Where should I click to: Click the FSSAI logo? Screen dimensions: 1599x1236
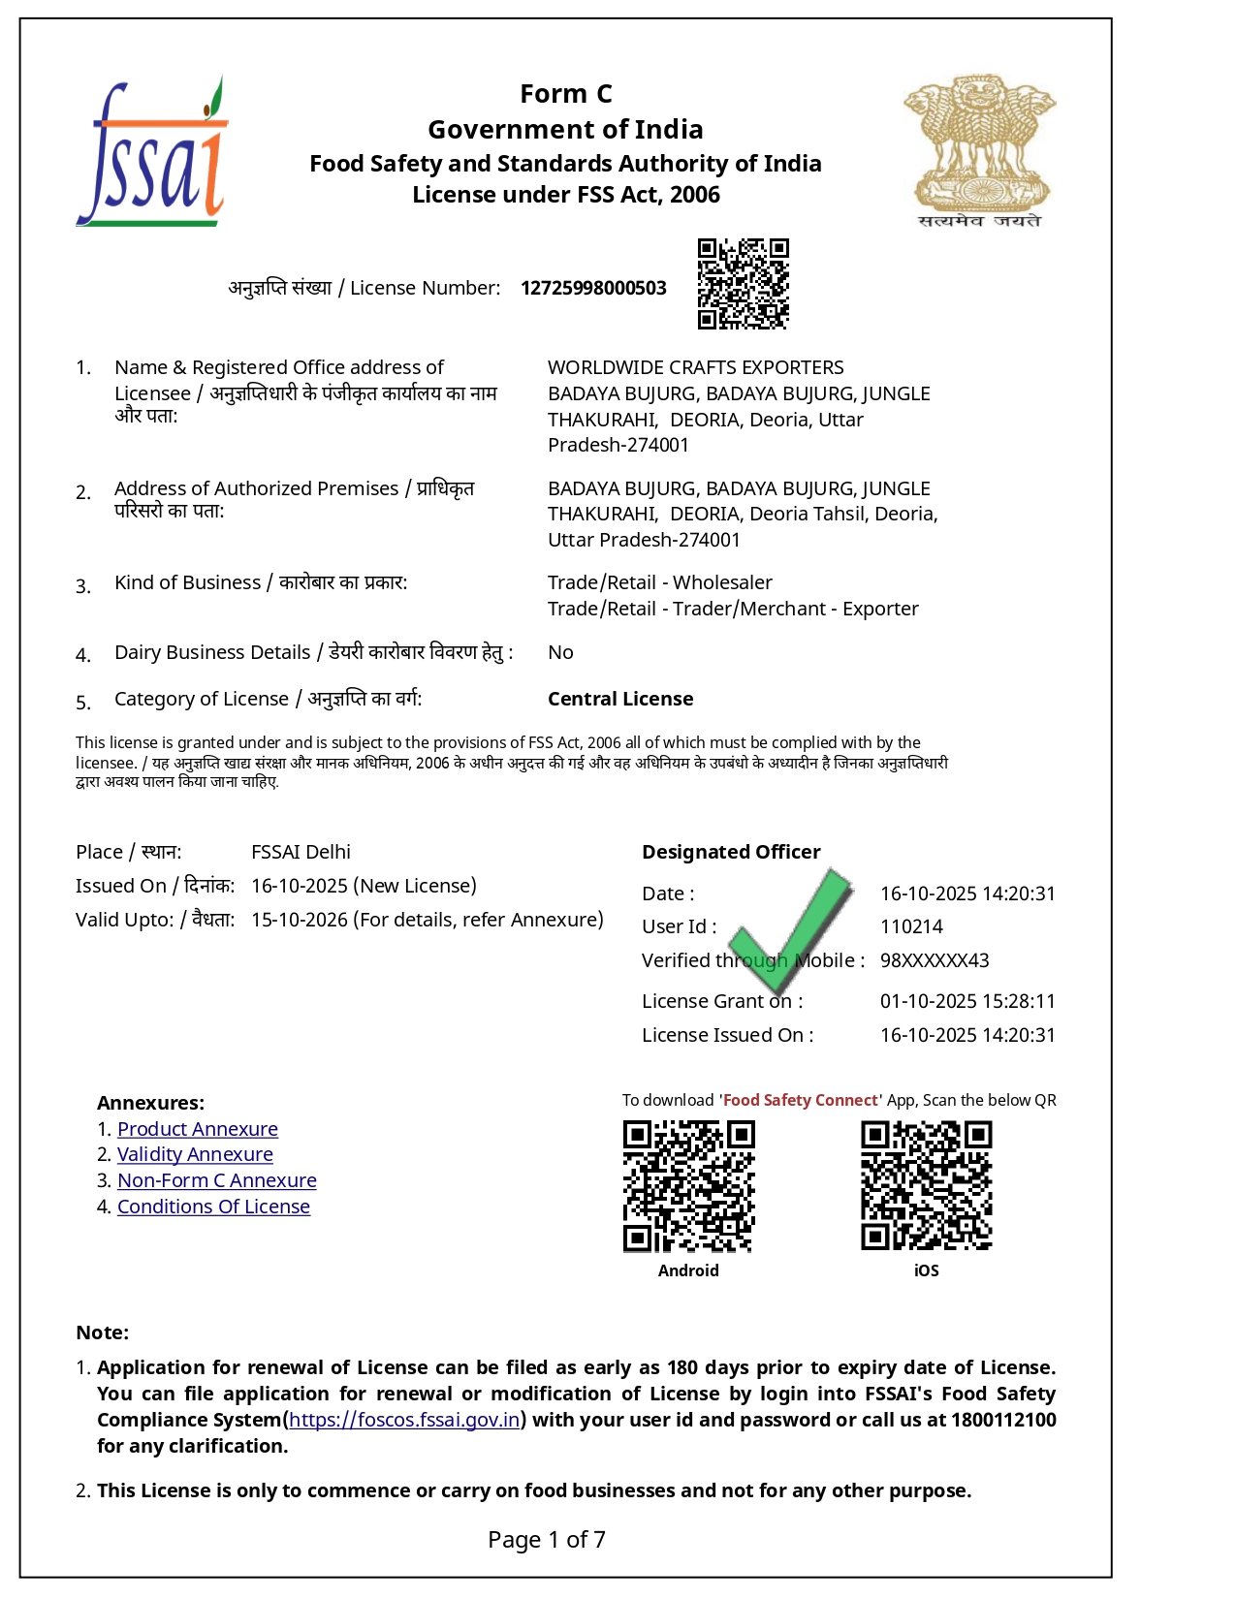[152, 153]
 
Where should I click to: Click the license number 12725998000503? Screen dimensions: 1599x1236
[593, 288]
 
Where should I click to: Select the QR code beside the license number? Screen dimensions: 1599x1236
[743, 284]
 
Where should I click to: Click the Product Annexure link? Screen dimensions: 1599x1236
[198, 1129]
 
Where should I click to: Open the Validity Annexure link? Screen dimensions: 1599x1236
[195, 1154]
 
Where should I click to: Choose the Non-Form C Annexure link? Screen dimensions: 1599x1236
[217, 1180]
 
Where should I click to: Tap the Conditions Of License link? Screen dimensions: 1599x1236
[213, 1207]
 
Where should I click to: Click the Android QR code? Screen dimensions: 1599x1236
[688, 1186]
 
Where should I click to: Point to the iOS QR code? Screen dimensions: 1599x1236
[926, 1186]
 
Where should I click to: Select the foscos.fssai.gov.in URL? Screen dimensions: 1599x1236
[405, 1420]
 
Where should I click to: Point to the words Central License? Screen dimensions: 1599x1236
[620, 699]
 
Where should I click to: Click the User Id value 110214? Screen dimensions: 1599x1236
[911, 926]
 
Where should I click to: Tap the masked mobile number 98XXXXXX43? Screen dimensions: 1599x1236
[935, 960]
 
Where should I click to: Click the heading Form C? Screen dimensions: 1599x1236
[566, 94]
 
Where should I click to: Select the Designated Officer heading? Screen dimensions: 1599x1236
[731, 852]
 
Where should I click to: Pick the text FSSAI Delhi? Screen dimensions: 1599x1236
[301, 852]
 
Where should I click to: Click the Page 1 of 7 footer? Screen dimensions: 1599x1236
[547, 1539]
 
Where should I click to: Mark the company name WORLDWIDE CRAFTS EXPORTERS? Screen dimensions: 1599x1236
[695, 367]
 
